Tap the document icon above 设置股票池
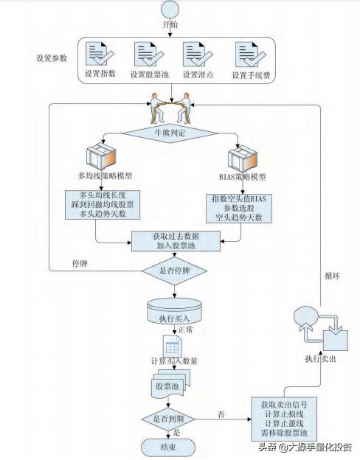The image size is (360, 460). click(146, 55)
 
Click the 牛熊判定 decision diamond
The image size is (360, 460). click(169, 133)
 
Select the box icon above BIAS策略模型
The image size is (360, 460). click(240, 159)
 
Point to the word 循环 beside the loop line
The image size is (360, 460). click(333, 278)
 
